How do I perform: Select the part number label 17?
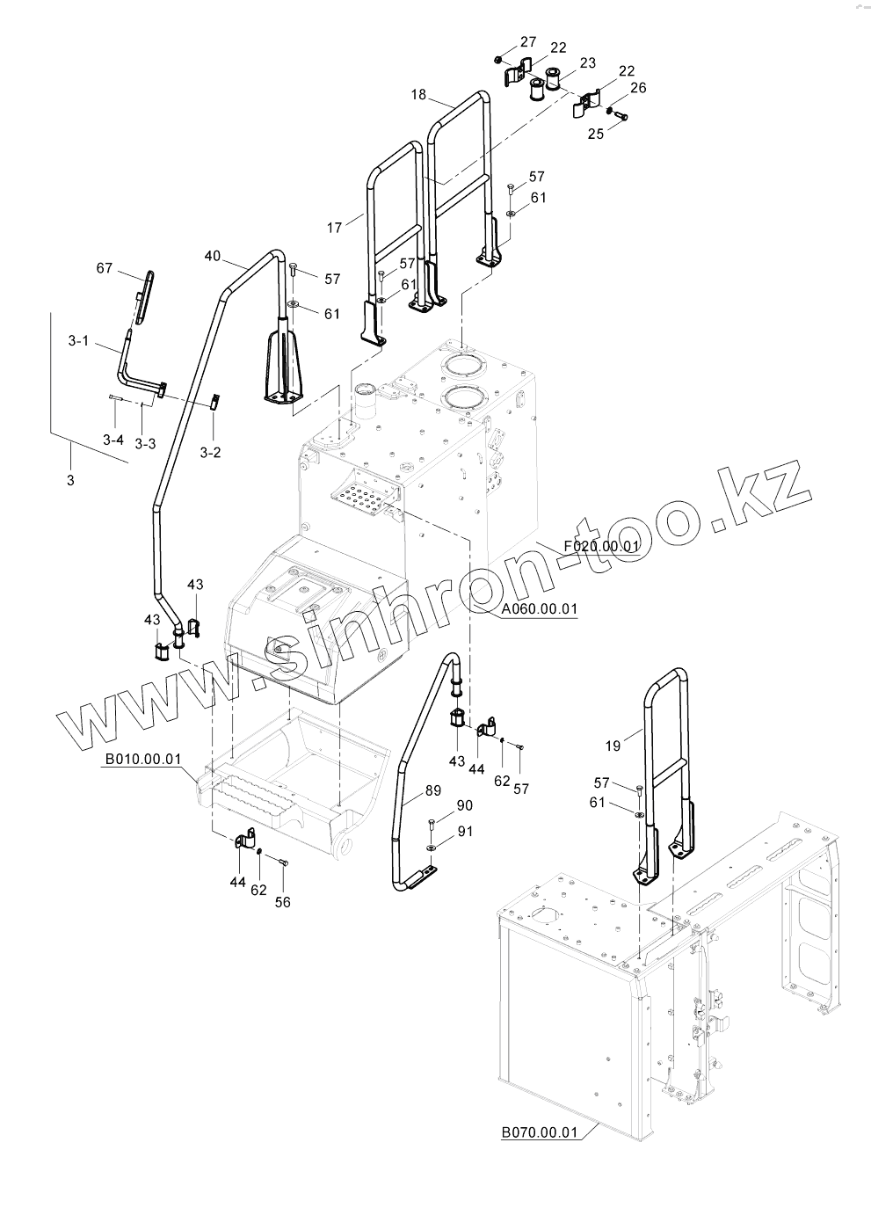click(x=334, y=229)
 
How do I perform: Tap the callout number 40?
click(x=212, y=256)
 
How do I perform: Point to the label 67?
click(x=104, y=268)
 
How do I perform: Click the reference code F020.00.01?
click(x=602, y=547)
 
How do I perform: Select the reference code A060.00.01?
click(x=540, y=609)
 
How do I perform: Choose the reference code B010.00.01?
click(x=143, y=759)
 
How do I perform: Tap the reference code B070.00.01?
click(x=540, y=1132)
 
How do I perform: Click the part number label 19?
click(x=613, y=746)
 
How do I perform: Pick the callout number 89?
click(x=432, y=790)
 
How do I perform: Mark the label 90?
click(x=464, y=806)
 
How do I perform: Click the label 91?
click(x=464, y=831)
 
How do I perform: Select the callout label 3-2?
click(x=211, y=452)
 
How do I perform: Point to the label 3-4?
click(x=113, y=439)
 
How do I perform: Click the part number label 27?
click(x=527, y=42)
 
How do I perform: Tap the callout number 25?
click(x=596, y=134)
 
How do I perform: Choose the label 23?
click(x=588, y=62)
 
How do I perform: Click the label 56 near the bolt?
click(x=281, y=901)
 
